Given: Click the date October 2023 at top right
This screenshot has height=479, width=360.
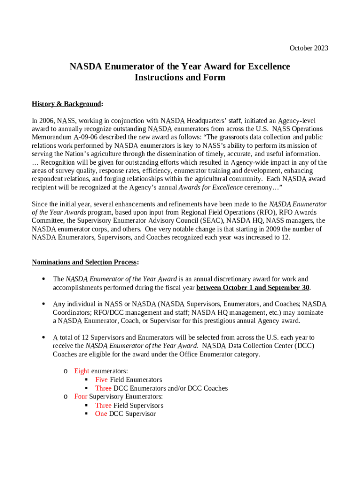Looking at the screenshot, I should coord(309,48).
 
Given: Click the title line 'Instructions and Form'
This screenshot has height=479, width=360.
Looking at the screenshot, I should coord(180,78).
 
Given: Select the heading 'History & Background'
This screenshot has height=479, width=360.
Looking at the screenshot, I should coord(66,103).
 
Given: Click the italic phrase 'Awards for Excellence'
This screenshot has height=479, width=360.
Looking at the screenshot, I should coord(211,188).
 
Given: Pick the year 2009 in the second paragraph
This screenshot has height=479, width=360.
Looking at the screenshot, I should coord(271,229).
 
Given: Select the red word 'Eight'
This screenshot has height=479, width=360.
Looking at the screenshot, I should coord(82,371).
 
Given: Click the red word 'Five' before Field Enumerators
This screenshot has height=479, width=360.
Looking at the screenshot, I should coord(101,380).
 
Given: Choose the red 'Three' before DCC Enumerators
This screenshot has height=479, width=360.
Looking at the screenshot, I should coord(103,388).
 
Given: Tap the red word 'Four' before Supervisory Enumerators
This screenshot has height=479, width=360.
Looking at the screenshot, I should coord(80,397).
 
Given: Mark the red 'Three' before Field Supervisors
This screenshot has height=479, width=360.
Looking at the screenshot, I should coord(103,406).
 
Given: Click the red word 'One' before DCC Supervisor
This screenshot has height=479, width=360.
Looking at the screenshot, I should coord(101,414).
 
